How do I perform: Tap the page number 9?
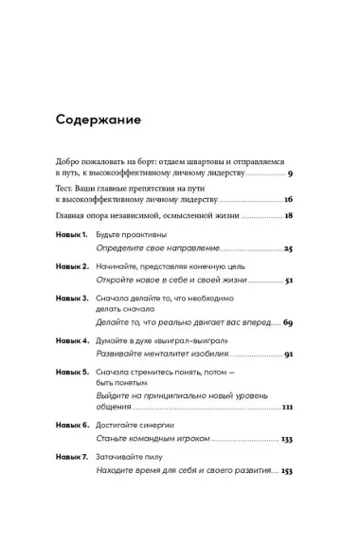[x=290, y=175]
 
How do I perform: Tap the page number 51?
[x=289, y=282]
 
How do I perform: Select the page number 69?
[x=288, y=324]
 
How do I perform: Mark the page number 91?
[x=289, y=355]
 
